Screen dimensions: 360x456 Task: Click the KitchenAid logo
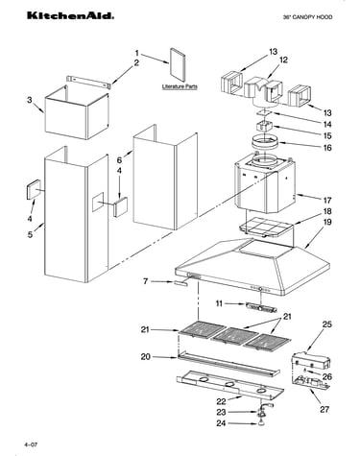(x=70, y=15)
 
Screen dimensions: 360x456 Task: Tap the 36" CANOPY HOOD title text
(x=307, y=17)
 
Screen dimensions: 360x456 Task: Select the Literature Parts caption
(x=180, y=86)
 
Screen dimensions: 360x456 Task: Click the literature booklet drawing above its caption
(x=178, y=65)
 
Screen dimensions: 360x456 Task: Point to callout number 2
(x=136, y=62)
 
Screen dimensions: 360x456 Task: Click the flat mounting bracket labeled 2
(x=88, y=82)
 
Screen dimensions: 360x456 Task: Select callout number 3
(x=30, y=100)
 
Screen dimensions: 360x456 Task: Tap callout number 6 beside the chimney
(x=119, y=160)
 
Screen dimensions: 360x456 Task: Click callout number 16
(x=327, y=148)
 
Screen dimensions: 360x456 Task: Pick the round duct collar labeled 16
(x=264, y=142)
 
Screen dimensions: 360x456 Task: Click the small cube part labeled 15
(x=264, y=126)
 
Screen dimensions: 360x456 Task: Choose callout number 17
(x=327, y=201)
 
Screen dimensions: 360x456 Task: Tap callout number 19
(x=327, y=222)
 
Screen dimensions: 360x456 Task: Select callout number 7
(x=146, y=281)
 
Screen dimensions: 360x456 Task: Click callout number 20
(x=146, y=356)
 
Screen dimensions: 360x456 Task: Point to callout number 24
(x=221, y=423)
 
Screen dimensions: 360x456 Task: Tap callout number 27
(x=324, y=409)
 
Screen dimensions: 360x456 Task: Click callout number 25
(x=327, y=324)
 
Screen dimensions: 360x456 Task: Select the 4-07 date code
(x=31, y=444)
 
